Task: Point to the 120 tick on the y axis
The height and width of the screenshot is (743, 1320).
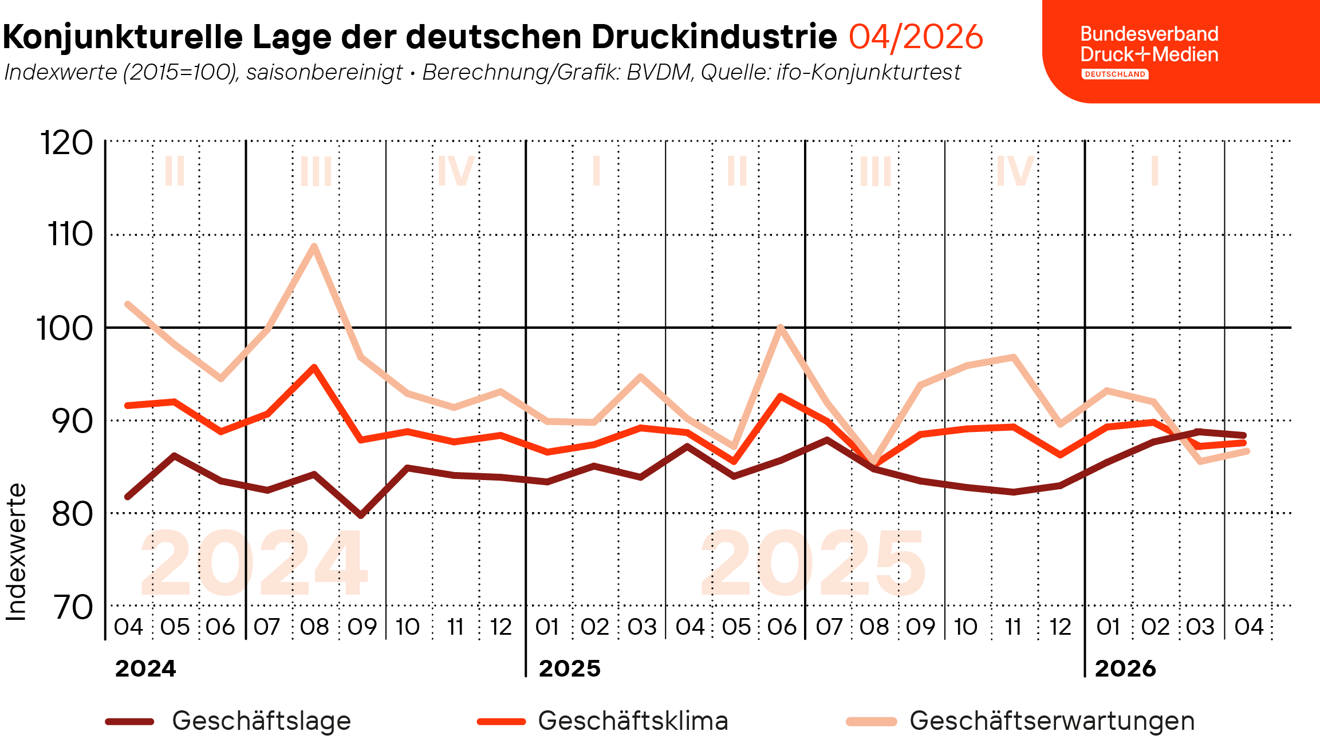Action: point(66,143)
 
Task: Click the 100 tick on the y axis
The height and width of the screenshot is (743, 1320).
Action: point(64,329)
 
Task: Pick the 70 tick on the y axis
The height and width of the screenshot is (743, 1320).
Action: point(73,607)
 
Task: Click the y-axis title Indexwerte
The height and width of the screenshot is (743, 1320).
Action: point(16,552)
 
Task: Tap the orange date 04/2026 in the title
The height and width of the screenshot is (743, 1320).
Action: point(916,37)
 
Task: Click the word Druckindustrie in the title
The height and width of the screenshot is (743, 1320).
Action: point(714,37)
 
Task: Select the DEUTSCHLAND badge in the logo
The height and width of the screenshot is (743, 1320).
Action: point(1114,74)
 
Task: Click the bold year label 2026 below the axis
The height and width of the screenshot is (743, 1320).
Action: point(1125,669)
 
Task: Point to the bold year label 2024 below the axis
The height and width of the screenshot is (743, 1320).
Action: point(145,669)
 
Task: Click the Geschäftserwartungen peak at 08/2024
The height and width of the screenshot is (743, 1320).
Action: point(314,246)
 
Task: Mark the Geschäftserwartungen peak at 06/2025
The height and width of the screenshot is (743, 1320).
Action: point(781,327)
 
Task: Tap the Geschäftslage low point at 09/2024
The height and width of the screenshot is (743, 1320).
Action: point(361,516)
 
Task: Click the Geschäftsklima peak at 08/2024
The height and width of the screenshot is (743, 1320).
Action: point(314,367)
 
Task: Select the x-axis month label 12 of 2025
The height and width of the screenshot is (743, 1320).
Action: point(1060,627)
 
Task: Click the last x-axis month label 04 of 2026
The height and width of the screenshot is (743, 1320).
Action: point(1248,627)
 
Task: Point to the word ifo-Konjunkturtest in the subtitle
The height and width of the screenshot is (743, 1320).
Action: point(868,72)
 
